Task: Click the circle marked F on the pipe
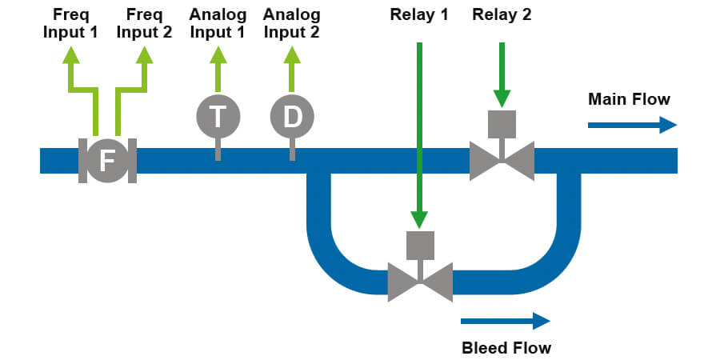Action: (107, 161)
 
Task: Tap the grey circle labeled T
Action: (218, 117)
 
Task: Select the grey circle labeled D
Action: (292, 117)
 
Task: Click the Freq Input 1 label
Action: (71, 23)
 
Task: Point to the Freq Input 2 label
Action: (144, 23)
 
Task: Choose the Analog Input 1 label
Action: (218, 23)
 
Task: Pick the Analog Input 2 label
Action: (292, 23)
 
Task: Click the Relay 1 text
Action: (419, 14)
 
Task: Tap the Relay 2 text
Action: (502, 14)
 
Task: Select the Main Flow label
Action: (629, 99)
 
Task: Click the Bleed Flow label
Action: (506, 348)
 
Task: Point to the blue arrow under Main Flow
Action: (632, 125)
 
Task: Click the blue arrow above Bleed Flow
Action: (506, 321)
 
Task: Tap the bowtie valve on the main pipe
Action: (502, 161)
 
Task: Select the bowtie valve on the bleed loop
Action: (420, 282)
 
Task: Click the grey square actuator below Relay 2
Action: (502, 123)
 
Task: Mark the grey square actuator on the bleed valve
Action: (420, 244)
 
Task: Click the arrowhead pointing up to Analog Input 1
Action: (218, 54)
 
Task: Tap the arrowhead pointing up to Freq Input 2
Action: (144, 54)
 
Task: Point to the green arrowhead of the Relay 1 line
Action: (419, 220)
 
